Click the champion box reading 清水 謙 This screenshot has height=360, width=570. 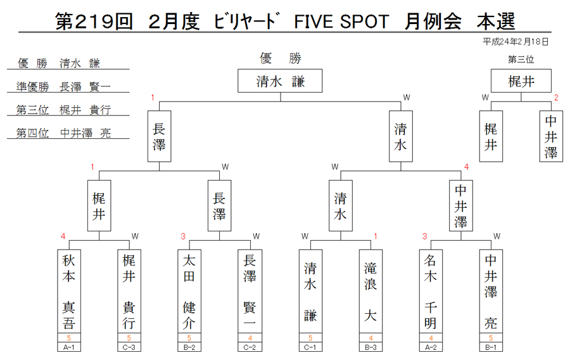coord(280,80)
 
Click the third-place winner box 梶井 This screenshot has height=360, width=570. coord(521,80)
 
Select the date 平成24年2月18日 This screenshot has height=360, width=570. coord(516,42)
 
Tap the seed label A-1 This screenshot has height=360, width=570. coord(68,347)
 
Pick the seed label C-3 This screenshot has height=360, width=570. coord(129,347)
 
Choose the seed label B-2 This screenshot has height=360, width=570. coord(189,347)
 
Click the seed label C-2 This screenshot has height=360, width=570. coord(250,347)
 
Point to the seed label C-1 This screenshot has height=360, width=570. coord(310,347)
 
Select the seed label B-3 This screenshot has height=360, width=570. coord(370,347)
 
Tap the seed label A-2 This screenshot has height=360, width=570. coord(431,347)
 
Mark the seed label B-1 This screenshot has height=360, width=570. coord(491,347)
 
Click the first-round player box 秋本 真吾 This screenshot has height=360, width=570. coord(68,292)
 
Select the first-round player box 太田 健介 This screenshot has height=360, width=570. coord(189,292)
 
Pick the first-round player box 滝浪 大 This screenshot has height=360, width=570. coord(370,292)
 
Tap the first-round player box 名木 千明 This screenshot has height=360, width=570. coord(431,292)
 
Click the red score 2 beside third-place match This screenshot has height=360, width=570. coord(556,98)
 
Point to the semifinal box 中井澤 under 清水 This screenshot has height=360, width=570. coord(461,205)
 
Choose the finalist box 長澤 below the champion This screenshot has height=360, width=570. coord(159,136)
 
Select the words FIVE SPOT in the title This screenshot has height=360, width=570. coord(341,22)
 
